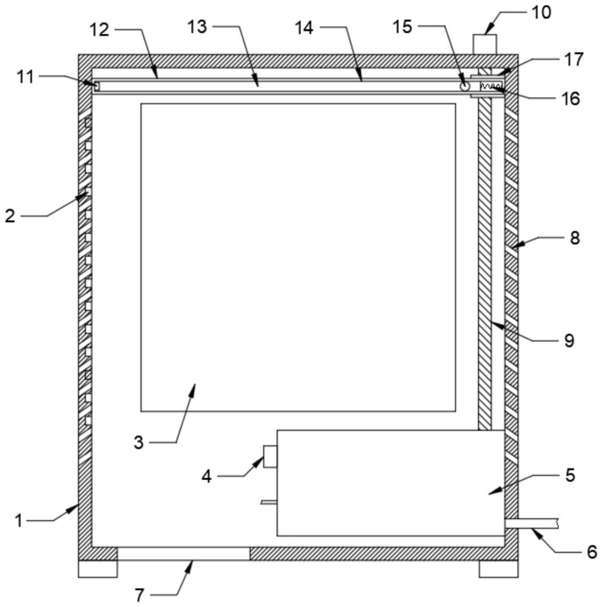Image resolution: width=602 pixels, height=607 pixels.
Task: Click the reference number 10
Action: click(541, 13)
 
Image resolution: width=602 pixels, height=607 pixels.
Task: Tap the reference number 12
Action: click(100, 30)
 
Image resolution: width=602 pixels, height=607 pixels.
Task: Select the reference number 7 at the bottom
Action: click(140, 595)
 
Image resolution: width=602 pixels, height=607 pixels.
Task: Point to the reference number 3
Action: click(138, 442)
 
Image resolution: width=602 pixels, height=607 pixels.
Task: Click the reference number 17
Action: click(573, 59)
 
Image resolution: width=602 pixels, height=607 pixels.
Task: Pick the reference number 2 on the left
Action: click(10, 215)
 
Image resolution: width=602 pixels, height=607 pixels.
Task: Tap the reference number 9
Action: click(569, 341)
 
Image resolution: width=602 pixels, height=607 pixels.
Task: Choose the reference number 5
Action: click(570, 475)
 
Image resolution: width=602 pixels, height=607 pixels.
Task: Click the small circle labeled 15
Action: click(464, 87)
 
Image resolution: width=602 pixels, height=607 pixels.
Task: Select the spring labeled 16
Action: click(492, 86)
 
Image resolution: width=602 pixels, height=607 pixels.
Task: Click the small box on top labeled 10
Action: click(485, 44)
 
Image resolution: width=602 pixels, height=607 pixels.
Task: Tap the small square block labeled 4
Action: click(270, 456)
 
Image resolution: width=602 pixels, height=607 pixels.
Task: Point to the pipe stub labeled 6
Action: click(531, 524)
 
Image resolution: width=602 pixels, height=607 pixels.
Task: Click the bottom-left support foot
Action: click(98, 569)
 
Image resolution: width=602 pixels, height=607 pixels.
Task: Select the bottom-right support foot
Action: click(499, 569)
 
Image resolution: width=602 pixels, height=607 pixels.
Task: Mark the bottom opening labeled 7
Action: click(183, 554)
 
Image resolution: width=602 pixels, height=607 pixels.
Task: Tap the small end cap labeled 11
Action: click(96, 85)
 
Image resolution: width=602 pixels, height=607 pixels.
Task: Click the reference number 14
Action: click(304, 28)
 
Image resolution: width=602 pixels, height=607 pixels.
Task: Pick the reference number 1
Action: click(19, 521)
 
